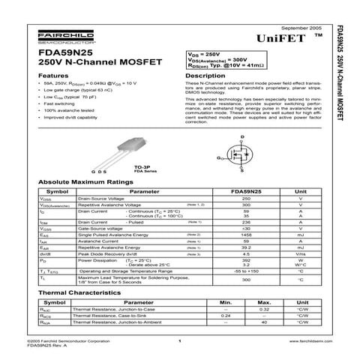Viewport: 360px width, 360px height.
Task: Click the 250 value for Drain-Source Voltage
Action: (245, 199)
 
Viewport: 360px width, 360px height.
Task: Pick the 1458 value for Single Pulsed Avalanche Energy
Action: (245, 235)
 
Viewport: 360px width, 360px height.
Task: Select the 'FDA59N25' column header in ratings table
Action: (245, 191)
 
